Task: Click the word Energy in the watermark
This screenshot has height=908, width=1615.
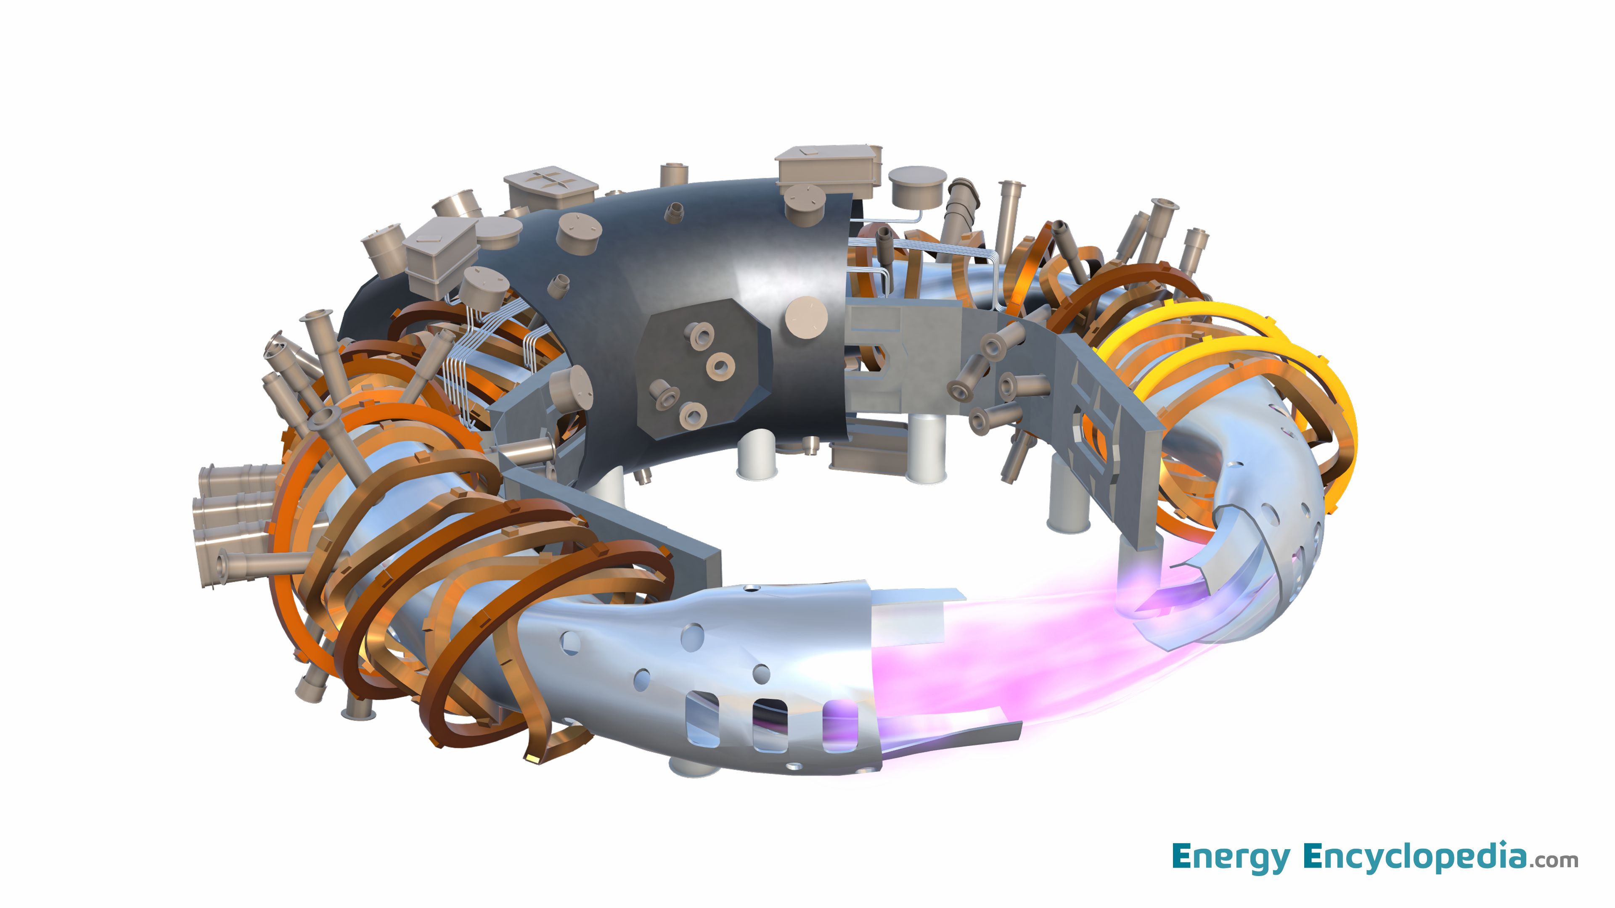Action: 1230,857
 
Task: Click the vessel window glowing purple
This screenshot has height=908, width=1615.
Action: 839,726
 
